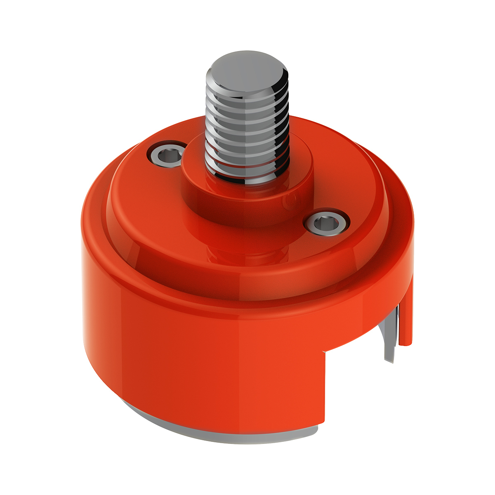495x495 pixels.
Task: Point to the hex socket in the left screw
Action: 167,155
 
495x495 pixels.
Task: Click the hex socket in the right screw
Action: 326,224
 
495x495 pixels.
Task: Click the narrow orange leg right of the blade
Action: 406,313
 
